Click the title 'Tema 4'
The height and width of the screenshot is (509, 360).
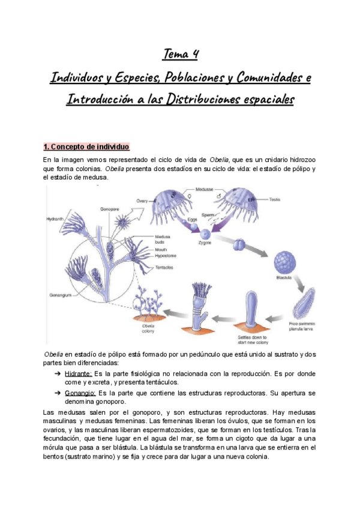[180, 55]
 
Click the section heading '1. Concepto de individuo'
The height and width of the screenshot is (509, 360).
[86, 147]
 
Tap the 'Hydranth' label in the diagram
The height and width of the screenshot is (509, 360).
[55, 220]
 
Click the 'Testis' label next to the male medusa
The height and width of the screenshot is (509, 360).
[274, 199]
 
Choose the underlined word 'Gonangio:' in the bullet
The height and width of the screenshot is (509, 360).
[79, 393]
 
